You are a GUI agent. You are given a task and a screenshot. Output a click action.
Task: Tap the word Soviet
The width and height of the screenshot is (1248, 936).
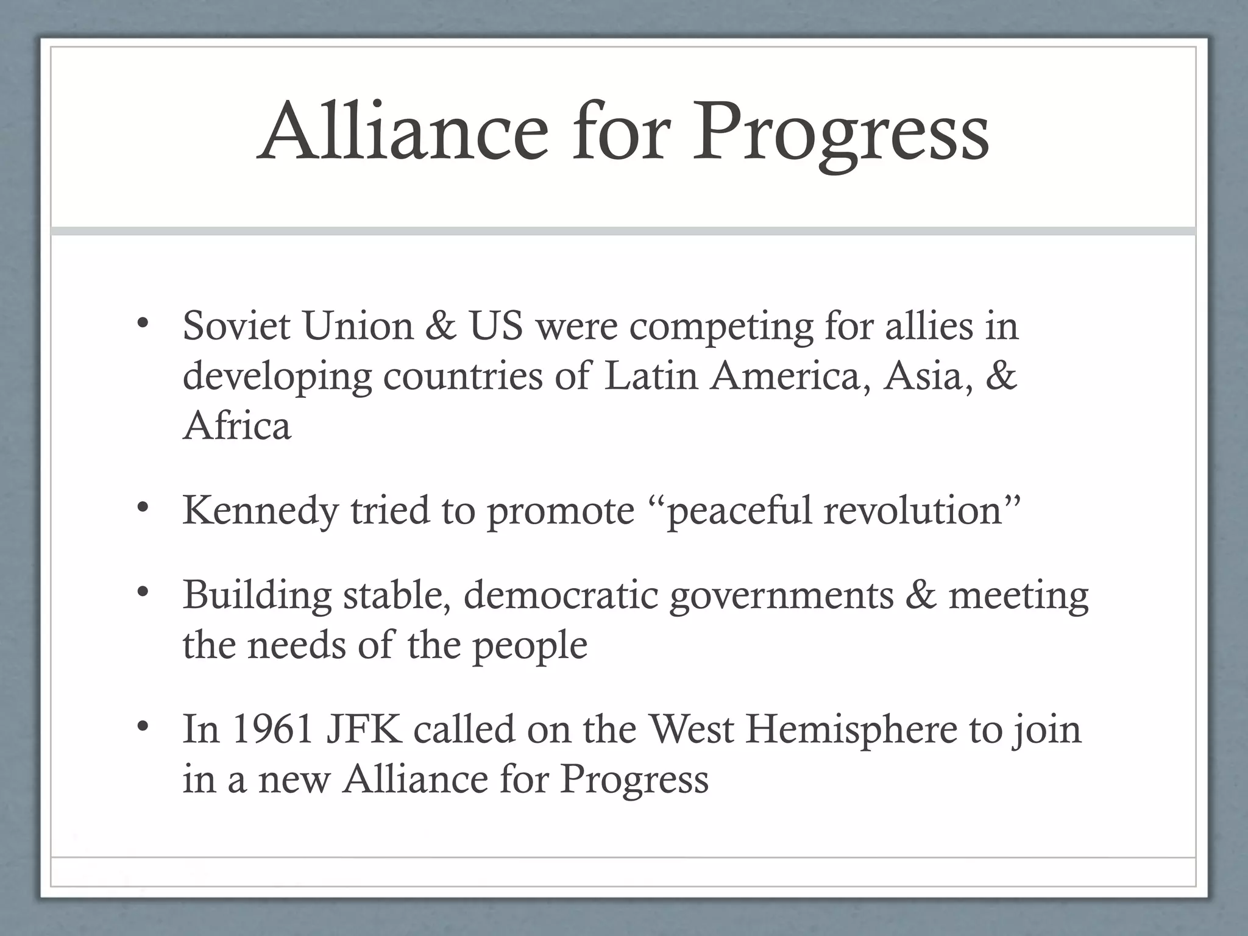[x=236, y=325]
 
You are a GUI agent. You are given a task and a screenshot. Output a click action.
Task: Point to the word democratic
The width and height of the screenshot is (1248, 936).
[x=561, y=595]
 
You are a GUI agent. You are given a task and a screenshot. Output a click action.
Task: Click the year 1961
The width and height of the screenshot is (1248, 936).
[x=272, y=729]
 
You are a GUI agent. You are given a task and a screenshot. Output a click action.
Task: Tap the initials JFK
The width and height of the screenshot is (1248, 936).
[x=364, y=729]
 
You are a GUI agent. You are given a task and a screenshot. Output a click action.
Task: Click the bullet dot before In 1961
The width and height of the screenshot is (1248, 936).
[x=143, y=726]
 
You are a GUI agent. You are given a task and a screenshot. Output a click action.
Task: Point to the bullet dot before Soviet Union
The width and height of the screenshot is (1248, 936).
[x=143, y=323]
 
